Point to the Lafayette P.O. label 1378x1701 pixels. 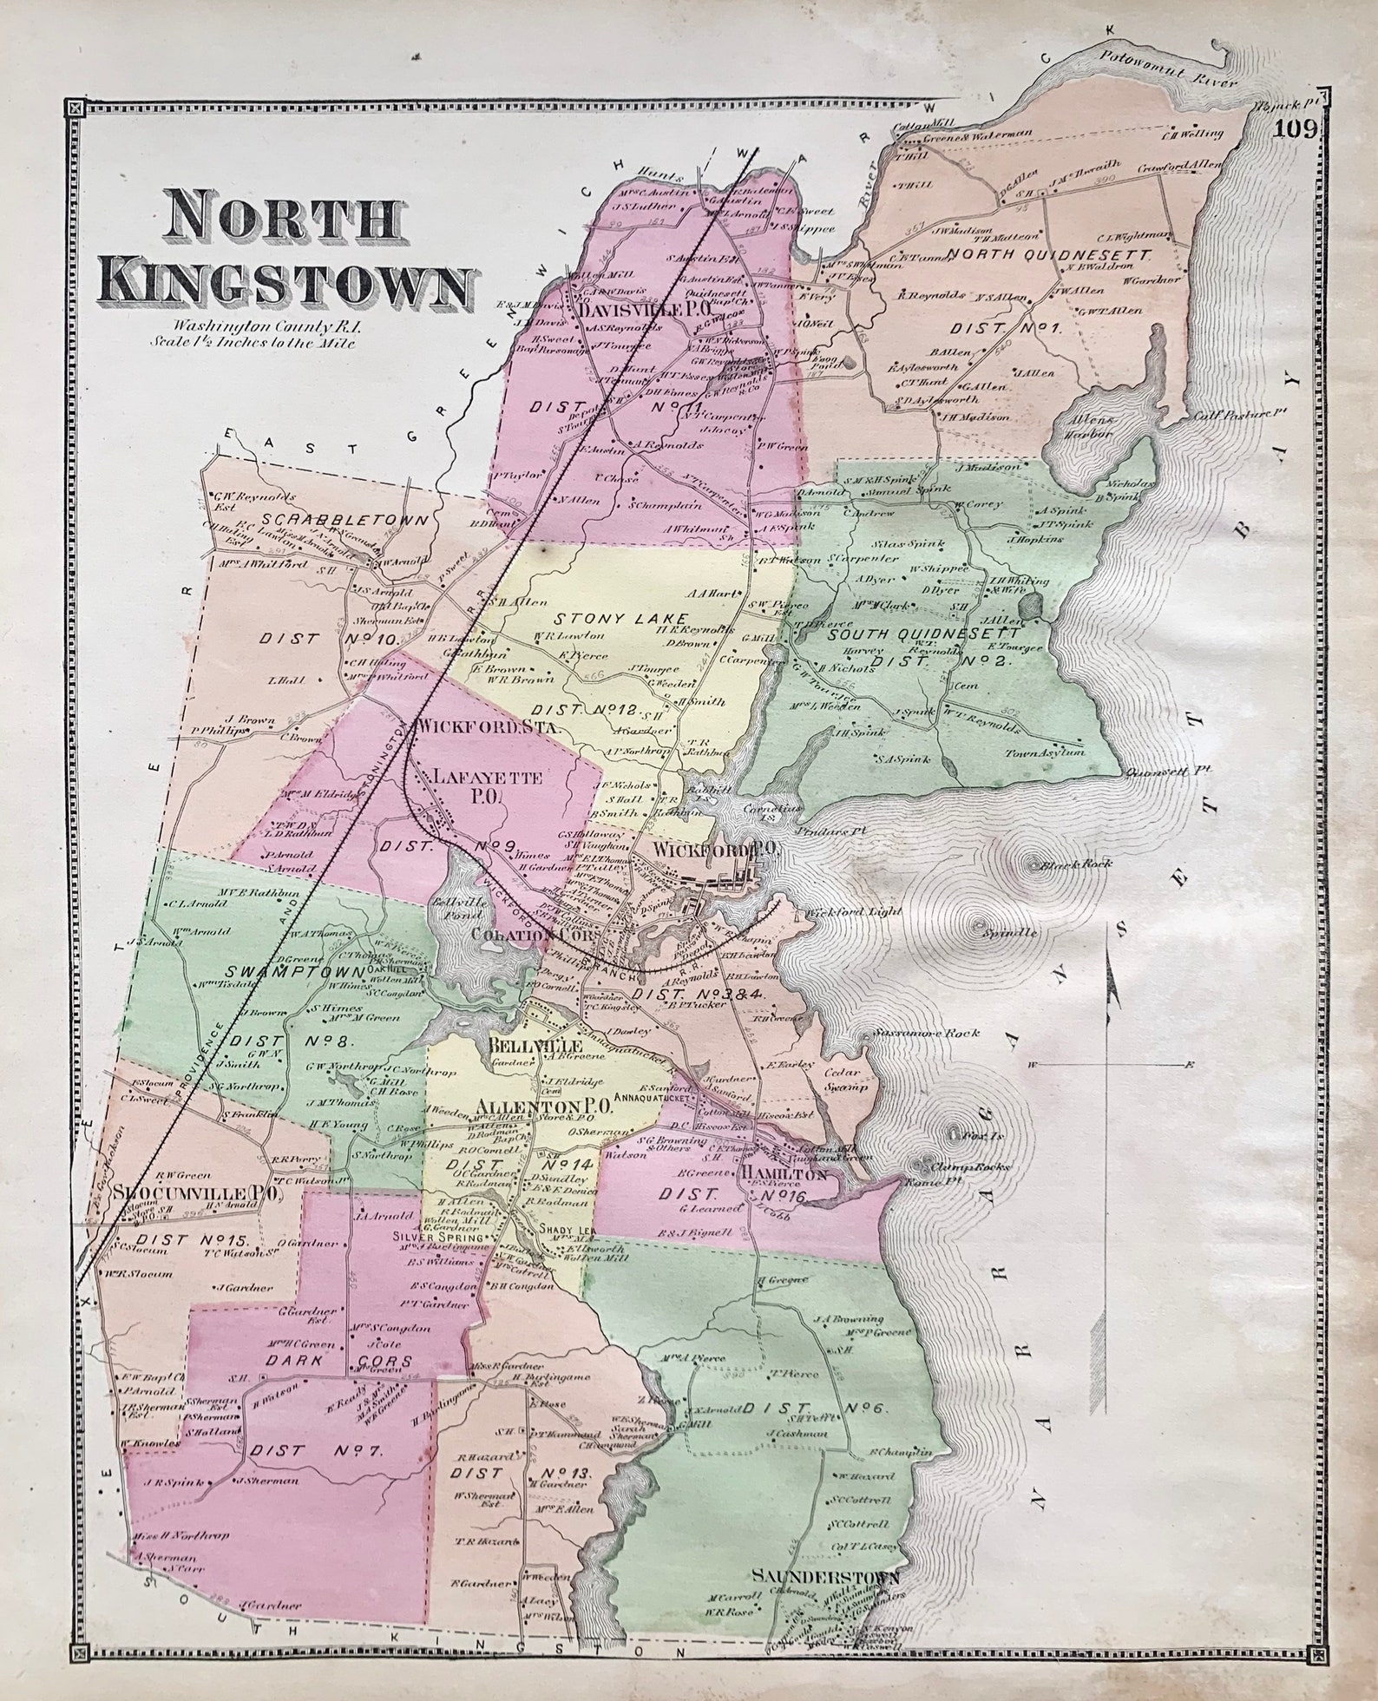click(x=491, y=789)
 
